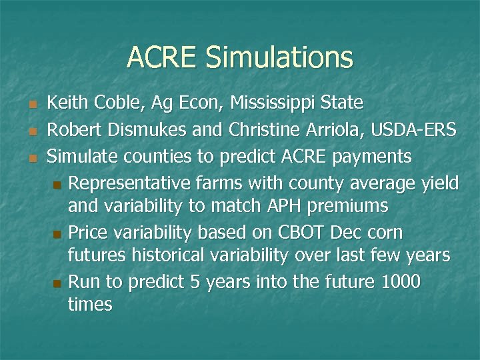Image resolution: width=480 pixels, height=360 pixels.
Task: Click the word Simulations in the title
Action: click(x=279, y=57)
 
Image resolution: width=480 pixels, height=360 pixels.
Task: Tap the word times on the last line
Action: click(x=90, y=305)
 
